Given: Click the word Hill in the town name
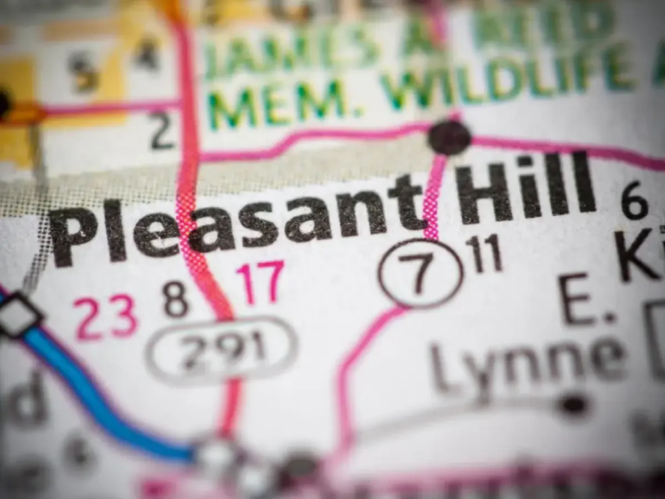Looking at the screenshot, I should (x=524, y=191).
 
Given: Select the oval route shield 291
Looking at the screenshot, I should (x=222, y=349).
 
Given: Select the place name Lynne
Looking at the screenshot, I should (x=526, y=363).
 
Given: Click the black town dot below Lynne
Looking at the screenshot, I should (x=574, y=405).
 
